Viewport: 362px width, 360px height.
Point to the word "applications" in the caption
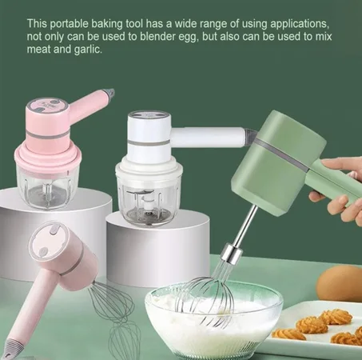[x=300, y=24]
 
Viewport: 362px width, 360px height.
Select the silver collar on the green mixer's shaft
[x=233, y=253]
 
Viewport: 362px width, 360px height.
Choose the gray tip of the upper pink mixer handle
[x=109, y=94]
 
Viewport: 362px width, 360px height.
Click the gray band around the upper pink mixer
[x=48, y=134]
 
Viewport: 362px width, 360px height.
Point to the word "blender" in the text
[x=159, y=37]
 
